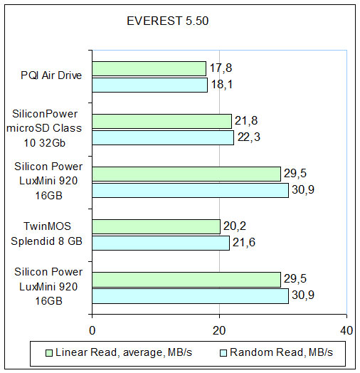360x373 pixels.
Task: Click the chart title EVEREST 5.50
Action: pos(168,21)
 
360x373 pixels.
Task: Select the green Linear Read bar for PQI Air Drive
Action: pos(149,69)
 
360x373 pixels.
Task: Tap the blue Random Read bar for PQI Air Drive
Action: pos(150,85)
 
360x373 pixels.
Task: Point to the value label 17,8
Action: pos(221,68)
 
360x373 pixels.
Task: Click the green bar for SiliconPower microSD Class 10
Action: pos(162,121)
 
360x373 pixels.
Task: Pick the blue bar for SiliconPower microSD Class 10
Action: pos(163,137)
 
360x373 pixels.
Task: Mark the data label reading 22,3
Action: pos(249,137)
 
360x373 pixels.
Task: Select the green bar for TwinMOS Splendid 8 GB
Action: pos(157,226)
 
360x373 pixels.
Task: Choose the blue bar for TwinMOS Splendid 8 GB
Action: pos(161,243)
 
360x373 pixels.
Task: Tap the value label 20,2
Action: pos(235,226)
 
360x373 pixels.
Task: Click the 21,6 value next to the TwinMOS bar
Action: pos(244,243)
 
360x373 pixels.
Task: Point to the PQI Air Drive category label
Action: pos(51,75)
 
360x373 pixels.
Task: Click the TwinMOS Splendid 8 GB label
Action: pos(47,233)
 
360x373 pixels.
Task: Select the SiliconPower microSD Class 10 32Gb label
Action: pos(44,128)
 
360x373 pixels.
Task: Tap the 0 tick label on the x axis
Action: pos(92,331)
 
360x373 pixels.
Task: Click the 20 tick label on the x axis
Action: pos(219,331)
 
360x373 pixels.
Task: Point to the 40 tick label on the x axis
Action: pos(346,331)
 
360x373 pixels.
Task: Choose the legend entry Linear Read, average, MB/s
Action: pos(119,352)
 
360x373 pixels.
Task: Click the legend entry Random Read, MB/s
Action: pos(277,352)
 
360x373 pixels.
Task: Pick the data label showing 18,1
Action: pos(221,85)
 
